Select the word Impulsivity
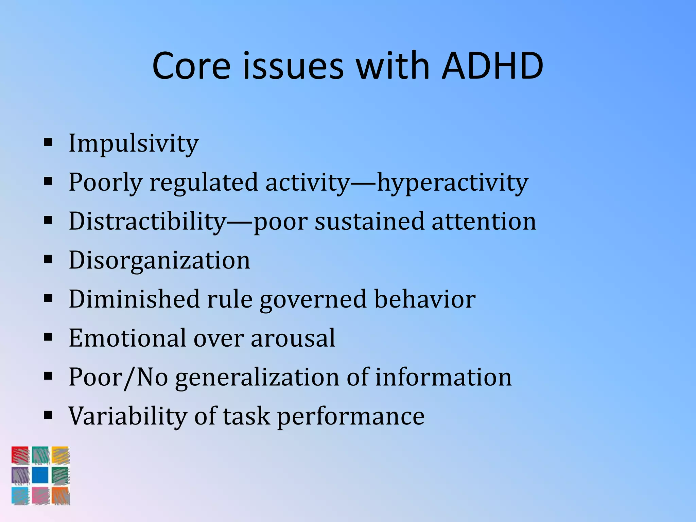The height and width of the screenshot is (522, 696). click(x=133, y=143)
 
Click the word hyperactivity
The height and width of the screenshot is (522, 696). click(x=452, y=183)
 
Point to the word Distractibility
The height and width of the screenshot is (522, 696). click(x=147, y=222)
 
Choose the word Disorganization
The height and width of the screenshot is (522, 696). click(x=159, y=260)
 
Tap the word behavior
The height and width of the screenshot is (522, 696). click(x=424, y=299)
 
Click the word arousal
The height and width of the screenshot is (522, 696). click(x=293, y=338)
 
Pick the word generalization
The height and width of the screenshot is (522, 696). click(x=257, y=377)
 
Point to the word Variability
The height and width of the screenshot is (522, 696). click(x=127, y=416)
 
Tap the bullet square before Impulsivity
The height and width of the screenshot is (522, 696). click(x=48, y=141)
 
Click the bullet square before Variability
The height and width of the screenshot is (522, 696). click(x=48, y=415)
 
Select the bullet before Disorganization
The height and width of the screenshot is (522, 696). click(x=48, y=259)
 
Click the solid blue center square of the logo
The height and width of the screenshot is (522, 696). click(x=40, y=475)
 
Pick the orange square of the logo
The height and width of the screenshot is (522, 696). click(x=60, y=495)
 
